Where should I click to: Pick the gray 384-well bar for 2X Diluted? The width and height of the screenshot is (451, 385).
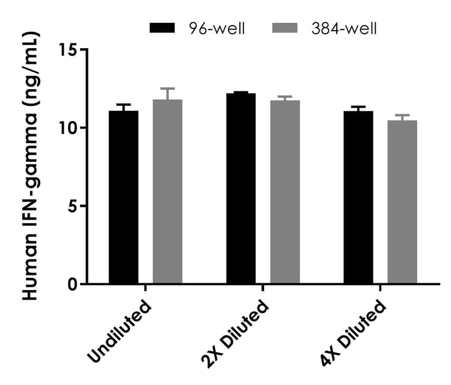pos(284,192)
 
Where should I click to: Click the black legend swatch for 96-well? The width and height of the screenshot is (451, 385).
pos(162,28)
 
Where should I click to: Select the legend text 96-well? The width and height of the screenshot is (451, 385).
pos(215,28)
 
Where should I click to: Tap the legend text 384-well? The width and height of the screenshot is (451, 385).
pos(343,28)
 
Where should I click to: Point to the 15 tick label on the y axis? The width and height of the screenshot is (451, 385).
pos(71,49)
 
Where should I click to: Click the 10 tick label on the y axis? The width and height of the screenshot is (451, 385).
pos(71,128)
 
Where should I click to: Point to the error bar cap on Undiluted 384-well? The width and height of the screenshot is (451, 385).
pos(167,88)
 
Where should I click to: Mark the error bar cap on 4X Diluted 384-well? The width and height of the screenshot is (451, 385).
pos(402,115)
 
